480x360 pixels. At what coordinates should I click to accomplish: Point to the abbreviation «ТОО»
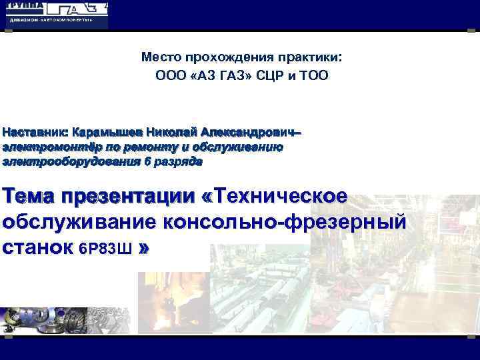313,75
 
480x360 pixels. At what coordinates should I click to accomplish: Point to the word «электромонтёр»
47,147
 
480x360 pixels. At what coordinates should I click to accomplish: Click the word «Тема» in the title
27,197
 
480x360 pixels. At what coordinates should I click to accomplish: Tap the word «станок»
37,248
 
